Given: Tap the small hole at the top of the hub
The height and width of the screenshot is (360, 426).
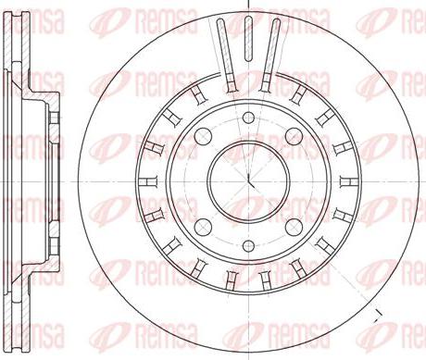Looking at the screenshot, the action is tap(248, 118).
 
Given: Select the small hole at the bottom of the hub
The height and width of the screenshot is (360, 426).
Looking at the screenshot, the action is tap(248, 245).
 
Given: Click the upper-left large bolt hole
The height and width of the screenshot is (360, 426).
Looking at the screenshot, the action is tap(203, 136).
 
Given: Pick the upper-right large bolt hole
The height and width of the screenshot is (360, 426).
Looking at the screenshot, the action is tap(294, 136).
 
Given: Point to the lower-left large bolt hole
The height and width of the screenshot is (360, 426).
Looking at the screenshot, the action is tap(203, 227).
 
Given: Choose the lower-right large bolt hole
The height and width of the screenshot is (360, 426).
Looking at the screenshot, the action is tap(294, 227).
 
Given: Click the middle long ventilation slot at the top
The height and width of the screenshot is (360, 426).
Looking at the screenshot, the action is tap(248, 39).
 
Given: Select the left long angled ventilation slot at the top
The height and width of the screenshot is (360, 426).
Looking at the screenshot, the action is tap(226, 55).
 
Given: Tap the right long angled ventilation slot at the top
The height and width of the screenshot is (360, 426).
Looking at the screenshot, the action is tap(270, 55).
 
